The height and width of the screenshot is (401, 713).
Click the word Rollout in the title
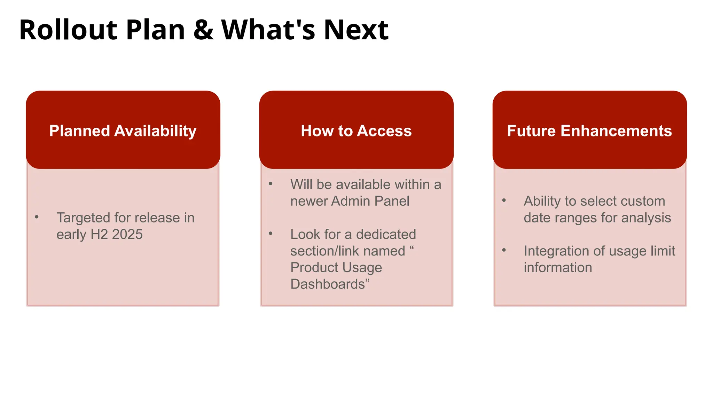[68, 30]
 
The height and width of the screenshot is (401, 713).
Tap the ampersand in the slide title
[203, 30]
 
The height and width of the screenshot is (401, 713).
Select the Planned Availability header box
[123, 130]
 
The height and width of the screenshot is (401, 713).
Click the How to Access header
[356, 130]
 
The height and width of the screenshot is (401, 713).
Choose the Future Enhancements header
[589, 130]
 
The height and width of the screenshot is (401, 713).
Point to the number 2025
[127, 235]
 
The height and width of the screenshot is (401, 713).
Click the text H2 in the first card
[99, 235]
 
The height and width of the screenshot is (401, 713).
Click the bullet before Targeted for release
[37, 217]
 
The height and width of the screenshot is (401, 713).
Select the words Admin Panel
[370, 201]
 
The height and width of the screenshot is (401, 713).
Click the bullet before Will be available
[271, 184]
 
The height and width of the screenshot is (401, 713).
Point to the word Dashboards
[328, 284]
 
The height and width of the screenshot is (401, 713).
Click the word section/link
[348, 251]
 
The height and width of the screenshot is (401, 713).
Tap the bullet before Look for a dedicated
[271, 234]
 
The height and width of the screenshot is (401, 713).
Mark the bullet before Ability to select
[504, 200]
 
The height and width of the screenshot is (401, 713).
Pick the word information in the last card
[558, 268]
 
